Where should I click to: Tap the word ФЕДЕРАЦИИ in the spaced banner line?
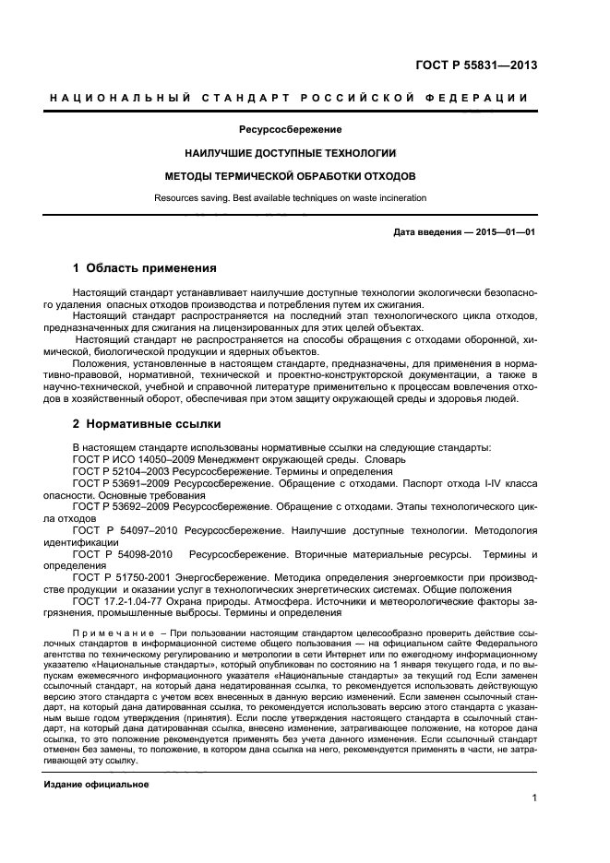[484, 98]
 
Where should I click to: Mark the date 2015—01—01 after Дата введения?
[509, 232]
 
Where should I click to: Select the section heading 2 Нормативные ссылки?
[147, 424]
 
